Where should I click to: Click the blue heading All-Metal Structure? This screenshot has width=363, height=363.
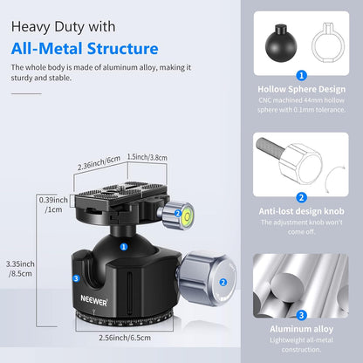click(86, 49)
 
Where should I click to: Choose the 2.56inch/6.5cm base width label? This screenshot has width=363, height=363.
click(124, 336)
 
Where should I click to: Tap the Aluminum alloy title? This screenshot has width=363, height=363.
click(300, 330)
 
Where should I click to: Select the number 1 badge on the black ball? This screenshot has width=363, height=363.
click(123, 247)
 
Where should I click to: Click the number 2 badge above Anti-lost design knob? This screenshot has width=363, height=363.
click(300, 196)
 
